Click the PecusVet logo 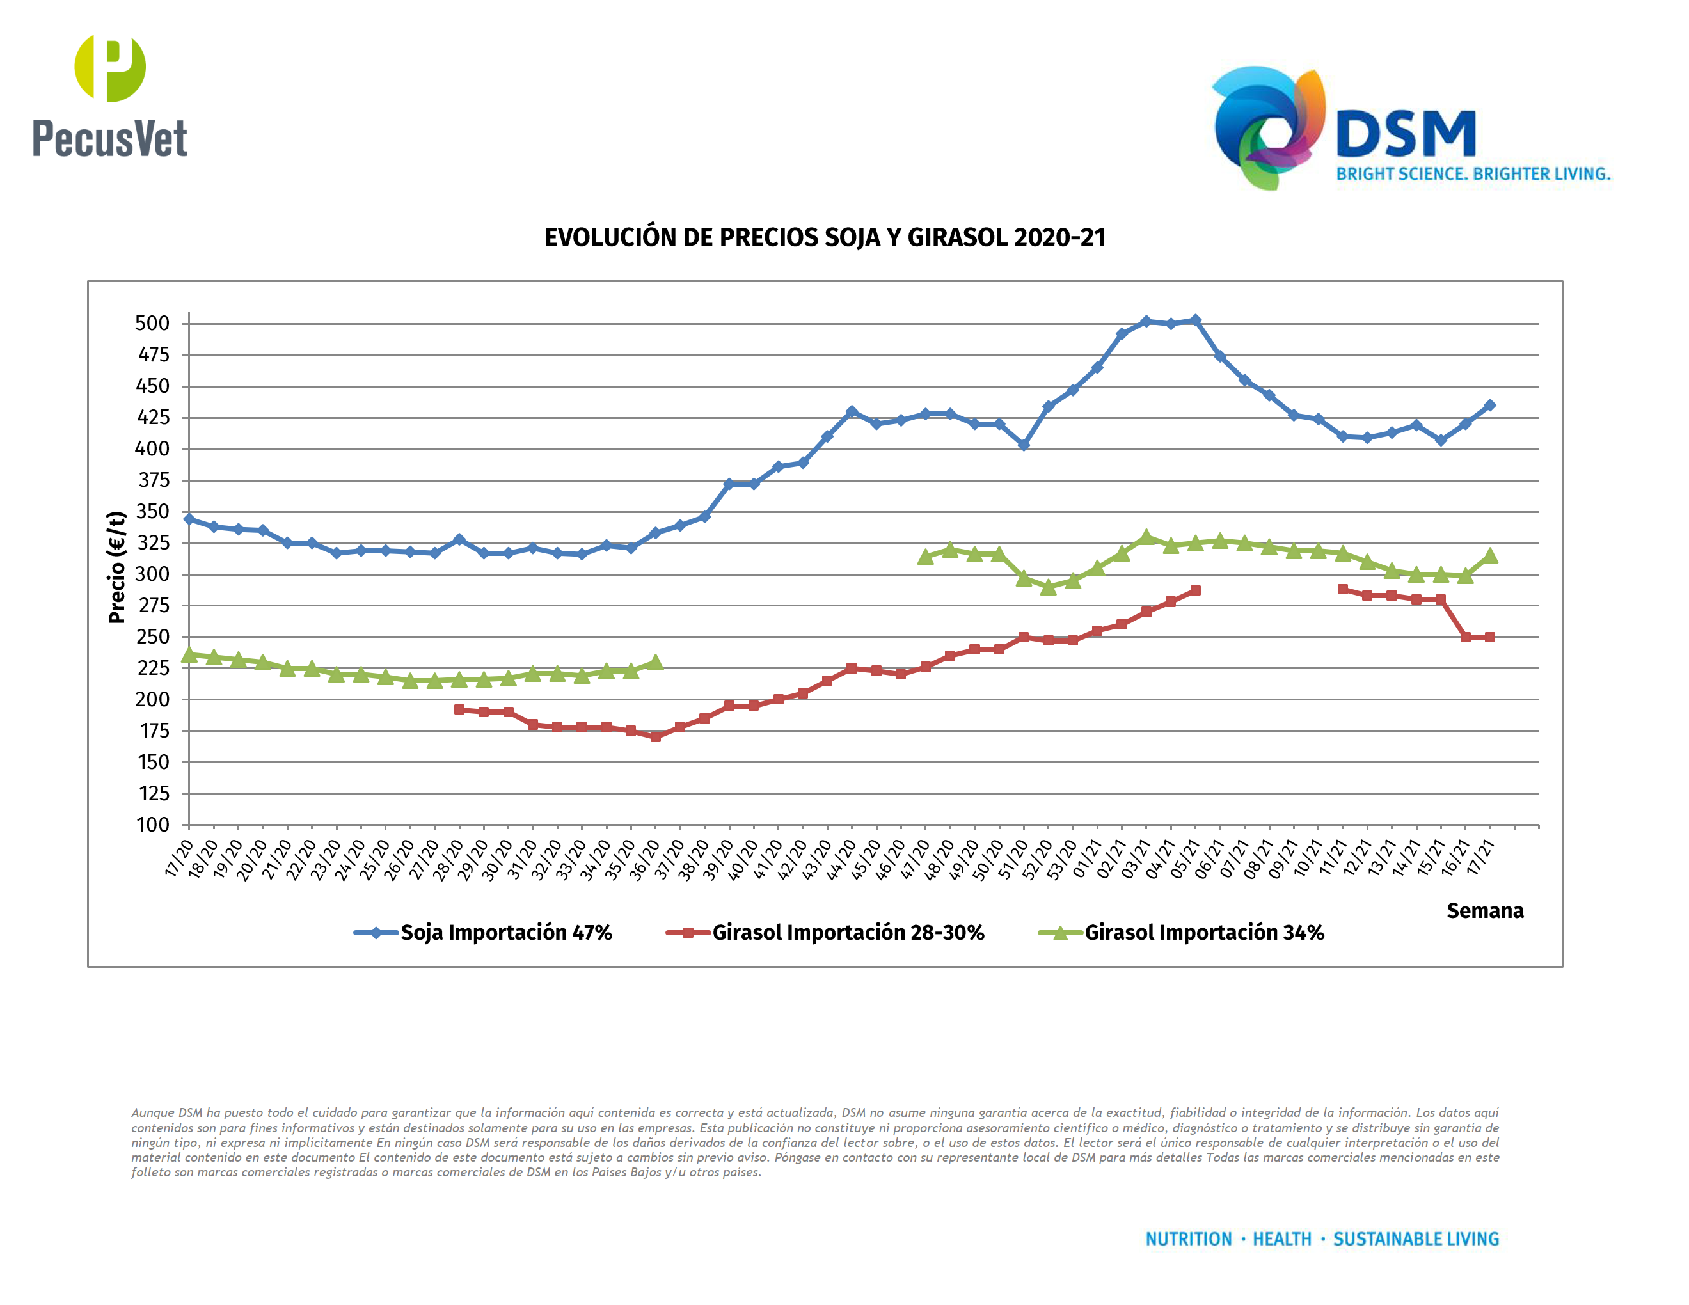click(x=110, y=96)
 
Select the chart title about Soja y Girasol click(x=825, y=237)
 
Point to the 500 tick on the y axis click(x=152, y=323)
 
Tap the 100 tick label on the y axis click(x=152, y=825)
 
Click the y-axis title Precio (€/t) click(x=117, y=567)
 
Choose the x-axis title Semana click(x=1484, y=911)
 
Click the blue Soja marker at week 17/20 click(x=189, y=519)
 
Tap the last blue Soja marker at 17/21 click(x=1489, y=405)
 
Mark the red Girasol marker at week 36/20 click(x=656, y=737)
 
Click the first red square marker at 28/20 click(x=459, y=709)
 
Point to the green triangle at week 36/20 click(x=656, y=663)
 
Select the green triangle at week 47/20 click(x=925, y=557)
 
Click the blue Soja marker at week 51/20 click(x=1024, y=445)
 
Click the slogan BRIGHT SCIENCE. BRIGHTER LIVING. click(x=1473, y=174)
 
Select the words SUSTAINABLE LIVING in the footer click(x=1415, y=1239)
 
